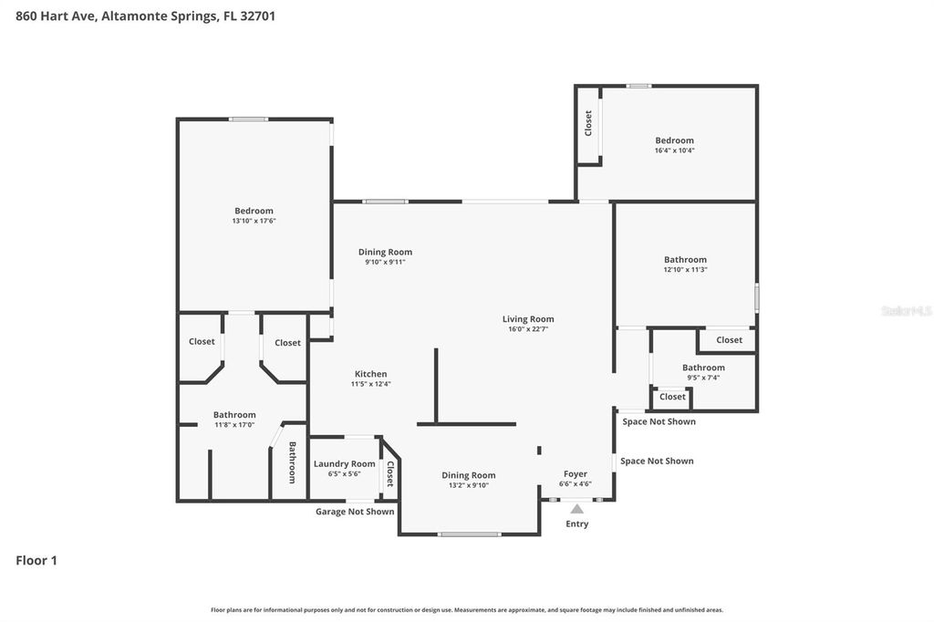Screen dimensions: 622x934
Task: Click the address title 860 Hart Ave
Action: click(146, 16)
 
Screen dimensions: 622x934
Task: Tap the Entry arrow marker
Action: click(576, 509)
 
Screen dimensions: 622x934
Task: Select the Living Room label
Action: click(528, 319)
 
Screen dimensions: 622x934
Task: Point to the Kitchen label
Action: click(370, 374)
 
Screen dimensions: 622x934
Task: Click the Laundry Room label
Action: click(344, 464)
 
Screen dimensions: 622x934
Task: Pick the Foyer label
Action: click(575, 474)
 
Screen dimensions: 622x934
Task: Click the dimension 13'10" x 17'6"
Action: click(254, 221)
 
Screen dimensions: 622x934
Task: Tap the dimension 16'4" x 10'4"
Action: click(674, 150)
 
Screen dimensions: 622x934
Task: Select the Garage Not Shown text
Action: click(355, 512)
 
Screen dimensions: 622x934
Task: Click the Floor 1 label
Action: click(36, 561)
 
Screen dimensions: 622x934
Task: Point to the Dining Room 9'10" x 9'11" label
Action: click(385, 253)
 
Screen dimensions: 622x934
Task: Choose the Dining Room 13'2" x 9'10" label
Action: click(469, 475)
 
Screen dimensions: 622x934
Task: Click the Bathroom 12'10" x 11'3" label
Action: click(685, 260)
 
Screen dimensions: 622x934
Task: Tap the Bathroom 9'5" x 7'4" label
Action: click(703, 368)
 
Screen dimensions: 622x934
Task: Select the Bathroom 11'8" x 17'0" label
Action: click(234, 415)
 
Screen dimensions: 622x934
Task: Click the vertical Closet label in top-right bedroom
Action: click(588, 123)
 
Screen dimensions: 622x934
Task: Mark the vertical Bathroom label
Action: click(293, 462)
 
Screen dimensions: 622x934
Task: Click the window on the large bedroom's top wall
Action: click(248, 119)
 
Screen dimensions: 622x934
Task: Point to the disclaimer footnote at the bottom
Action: click(467, 610)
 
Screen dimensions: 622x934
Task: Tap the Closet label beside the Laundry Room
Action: click(390, 473)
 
